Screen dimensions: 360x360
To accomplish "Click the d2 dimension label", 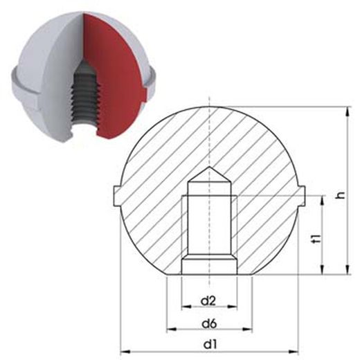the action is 208,301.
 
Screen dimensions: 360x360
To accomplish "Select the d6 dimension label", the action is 209,324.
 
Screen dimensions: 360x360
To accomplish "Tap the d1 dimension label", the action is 210,345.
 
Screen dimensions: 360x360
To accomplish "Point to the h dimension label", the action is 341,195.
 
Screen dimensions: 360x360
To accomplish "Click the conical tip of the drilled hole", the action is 209,167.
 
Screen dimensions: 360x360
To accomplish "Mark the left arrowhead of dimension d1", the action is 125,352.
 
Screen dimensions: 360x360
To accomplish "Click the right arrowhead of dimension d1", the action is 294,352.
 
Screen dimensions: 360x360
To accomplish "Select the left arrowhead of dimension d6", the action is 171,330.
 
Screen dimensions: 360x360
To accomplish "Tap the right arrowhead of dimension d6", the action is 248,330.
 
